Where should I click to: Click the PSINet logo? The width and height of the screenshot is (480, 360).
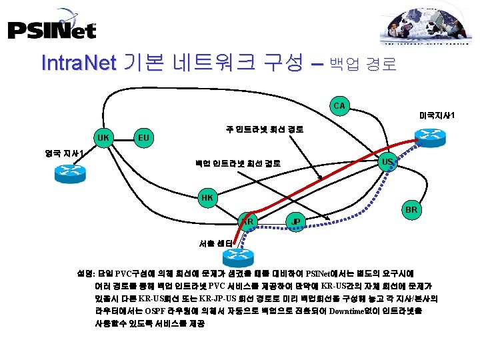point(51,28)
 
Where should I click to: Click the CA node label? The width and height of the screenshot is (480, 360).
point(339,105)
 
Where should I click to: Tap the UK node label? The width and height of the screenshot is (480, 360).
point(103,138)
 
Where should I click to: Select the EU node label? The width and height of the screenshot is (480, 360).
point(143,138)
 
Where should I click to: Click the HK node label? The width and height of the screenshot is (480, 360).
point(207,198)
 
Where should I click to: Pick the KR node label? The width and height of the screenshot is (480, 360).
point(247,221)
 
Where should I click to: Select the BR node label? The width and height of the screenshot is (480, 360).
point(411,210)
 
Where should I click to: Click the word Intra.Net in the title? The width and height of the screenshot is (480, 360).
point(79,63)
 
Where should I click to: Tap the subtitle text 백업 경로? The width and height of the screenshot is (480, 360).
point(363,65)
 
